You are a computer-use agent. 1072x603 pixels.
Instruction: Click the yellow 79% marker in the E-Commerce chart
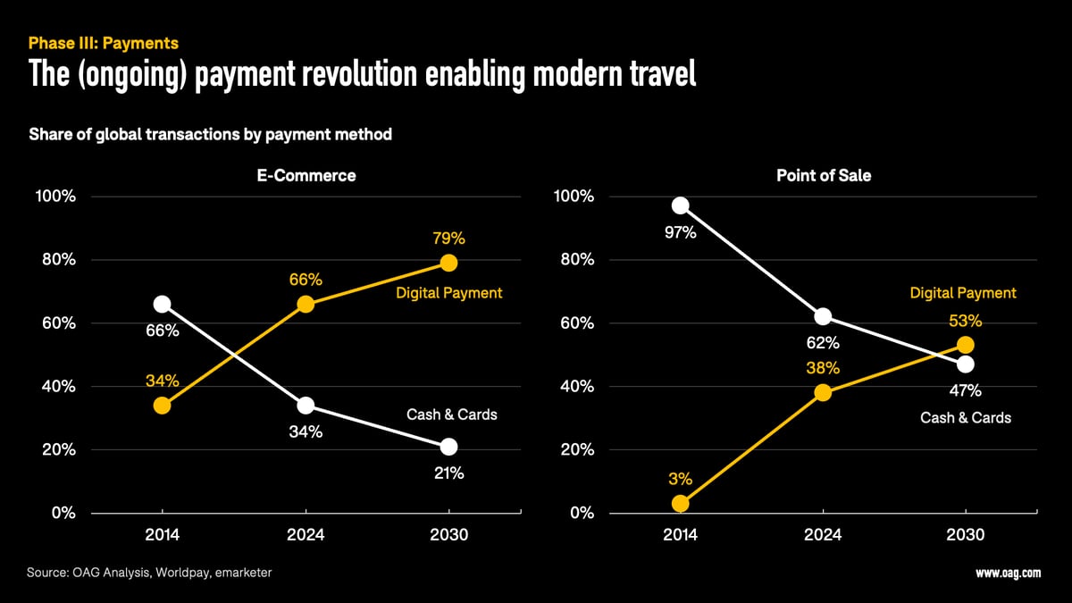448,263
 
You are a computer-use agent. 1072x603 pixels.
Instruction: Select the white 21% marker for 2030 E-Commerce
448,447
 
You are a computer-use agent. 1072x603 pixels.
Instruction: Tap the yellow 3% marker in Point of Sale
681,504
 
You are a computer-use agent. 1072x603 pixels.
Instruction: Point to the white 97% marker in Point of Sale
681,205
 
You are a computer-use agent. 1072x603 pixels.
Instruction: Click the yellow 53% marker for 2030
965,345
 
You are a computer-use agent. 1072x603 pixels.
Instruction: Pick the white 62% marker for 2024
823,316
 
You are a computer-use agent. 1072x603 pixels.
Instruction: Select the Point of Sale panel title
823,176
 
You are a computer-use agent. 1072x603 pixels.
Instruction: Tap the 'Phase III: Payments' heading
104,43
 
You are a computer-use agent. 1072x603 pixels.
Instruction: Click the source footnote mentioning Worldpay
150,572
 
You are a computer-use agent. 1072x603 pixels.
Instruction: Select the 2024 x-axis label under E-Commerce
305,535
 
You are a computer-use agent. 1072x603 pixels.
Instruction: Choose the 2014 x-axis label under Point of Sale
681,535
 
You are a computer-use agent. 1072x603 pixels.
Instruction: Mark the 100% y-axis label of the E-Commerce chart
55,197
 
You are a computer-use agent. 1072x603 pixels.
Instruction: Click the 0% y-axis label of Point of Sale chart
580,514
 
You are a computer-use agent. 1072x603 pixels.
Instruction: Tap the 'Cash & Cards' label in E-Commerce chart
451,415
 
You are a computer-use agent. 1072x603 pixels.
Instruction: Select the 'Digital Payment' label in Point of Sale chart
963,293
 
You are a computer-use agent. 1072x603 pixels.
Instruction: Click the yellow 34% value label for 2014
163,381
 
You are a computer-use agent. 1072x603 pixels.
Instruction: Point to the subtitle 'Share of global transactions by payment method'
210,135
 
